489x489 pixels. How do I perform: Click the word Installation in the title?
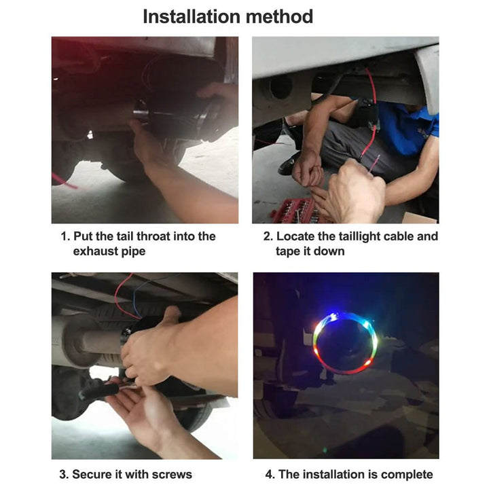click(192, 16)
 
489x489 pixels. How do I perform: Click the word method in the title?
click(279, 16)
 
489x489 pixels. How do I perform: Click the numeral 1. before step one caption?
click(65, 236)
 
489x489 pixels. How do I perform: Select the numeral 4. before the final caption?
click(270, 474)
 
